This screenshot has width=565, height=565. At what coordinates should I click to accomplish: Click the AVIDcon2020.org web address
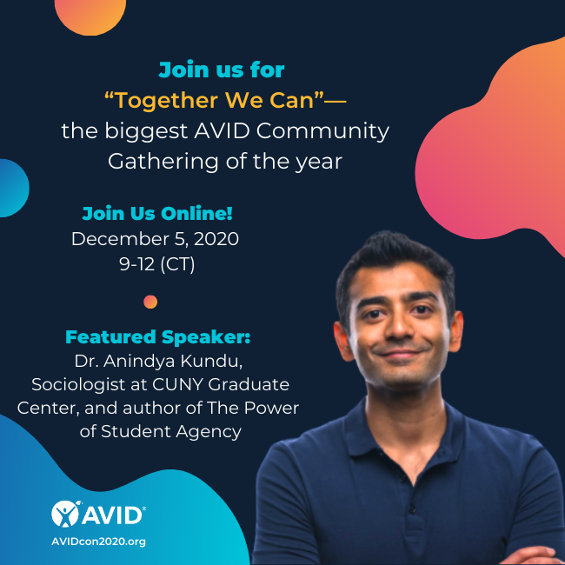pyautogui.click(x=98, y=541)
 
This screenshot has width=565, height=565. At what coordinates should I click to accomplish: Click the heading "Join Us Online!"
pyautogui.click(x=156, y=214)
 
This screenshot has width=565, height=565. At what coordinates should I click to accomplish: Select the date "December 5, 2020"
pyautogui.click(x=155, y=239)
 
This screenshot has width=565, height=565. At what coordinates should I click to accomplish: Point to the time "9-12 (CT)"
pyautogui.click(x=156, y=264)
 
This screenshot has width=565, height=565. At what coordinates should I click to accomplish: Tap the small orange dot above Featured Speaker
pyautogui.click(x=150, y=302)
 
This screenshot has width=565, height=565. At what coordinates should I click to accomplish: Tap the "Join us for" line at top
pyautogui.click(x=221, y=69)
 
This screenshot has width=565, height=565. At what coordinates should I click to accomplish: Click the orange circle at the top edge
pyautogui.click(x=90, y=12)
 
